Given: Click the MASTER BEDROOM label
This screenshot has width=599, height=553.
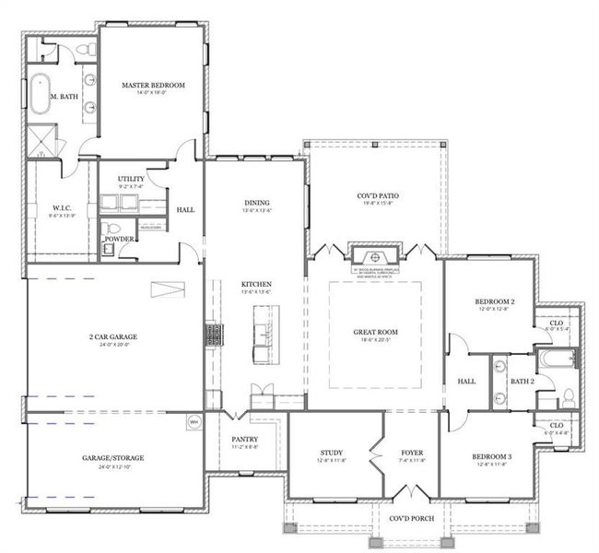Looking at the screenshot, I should click(153, 85).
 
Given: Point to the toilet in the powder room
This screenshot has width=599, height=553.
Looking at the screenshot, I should click(109, 228).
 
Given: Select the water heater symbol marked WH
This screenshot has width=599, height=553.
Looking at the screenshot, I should click(194, 422).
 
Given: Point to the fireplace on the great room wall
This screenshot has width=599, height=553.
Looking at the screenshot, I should click(374, 256).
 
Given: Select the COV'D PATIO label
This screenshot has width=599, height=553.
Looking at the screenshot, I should click(376, 196).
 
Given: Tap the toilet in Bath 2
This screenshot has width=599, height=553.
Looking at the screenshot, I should click(568, 397).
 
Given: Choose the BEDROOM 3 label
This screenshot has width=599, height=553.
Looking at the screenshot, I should click(494, 457).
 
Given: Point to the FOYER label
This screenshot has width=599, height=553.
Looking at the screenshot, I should click(411, 453).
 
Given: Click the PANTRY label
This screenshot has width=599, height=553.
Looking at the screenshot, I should click(245, 440).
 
